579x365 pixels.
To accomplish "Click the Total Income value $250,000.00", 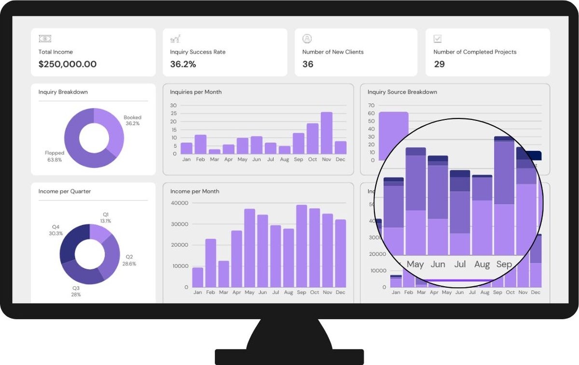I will coord(68,64).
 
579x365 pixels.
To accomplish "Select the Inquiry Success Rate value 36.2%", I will coord(183,64).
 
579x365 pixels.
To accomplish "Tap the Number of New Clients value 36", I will coord(308,64).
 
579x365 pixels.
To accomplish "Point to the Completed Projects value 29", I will coord(439,64).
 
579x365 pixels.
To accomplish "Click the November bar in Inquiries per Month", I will coord(327,133).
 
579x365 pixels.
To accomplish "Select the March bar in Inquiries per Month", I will coord(215,151).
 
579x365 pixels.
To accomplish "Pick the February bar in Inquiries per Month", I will coord(201,144).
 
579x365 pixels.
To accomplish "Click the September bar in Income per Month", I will coord(302,246).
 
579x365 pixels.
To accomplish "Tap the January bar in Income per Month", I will coord(198,277).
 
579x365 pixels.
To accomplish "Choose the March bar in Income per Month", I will coord(223,274).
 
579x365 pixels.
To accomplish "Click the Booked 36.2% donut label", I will coord(132,120).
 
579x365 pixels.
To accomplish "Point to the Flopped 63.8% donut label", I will coord(55,156).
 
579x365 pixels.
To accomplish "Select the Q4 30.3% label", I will coord(55,230).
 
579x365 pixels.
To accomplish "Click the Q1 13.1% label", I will coord(106,218).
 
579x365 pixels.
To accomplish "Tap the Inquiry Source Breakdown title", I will coord(402,92).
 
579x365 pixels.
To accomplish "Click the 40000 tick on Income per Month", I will coord(179,203).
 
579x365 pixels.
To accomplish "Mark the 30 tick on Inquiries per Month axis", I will coord(174,105).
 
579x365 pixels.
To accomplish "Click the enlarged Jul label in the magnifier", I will coord(460,264).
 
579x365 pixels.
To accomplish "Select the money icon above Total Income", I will coord(45,39).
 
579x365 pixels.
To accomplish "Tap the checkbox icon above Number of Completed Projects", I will coord(438,39).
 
